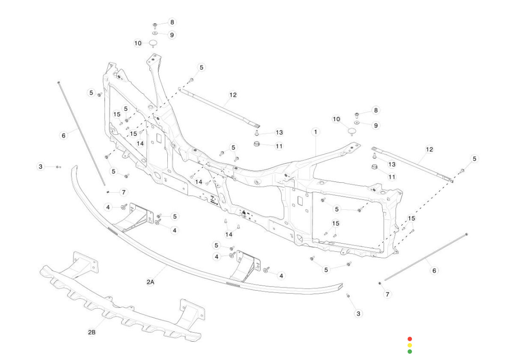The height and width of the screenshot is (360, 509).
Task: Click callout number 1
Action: point(315,132)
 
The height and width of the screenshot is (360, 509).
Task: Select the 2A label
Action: point(150,282)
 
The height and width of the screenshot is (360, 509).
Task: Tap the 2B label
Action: point(92,332)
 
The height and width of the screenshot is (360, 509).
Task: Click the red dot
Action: point(410,339)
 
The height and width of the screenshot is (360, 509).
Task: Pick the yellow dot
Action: point(410,345)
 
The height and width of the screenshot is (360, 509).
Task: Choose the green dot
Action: point(410,352)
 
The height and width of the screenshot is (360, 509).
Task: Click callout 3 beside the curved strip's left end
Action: point(41,166)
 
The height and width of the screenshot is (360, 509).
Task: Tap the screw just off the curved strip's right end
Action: point(348,296)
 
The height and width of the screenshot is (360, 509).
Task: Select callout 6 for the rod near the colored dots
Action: point(434,270)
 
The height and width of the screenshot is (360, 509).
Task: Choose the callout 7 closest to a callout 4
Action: point(123,192)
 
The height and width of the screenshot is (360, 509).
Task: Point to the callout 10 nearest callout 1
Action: point(336,119)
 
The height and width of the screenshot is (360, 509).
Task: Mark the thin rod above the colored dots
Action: point(424,257)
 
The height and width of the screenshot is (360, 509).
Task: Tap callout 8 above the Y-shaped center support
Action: point(172,22)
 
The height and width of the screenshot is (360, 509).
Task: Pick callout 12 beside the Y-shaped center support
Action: point(233,95)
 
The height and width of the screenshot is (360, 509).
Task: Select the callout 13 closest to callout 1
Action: point(279,132)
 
